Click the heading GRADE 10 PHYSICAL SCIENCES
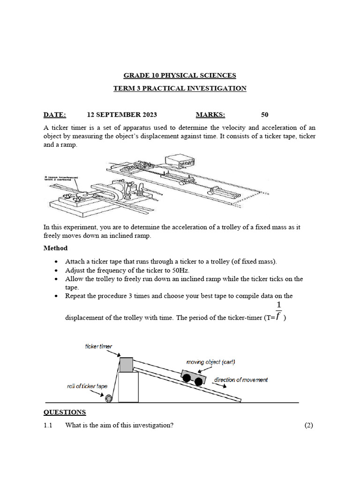(180, 75)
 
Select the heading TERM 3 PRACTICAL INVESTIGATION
(180, 88)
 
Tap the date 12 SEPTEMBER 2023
(122, 115)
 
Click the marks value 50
(265, 115)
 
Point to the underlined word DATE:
(55, 115)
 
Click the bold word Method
(55, 248)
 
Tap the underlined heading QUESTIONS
(65, 412)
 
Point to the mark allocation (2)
(308, 425)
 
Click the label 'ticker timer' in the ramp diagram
(98, 346)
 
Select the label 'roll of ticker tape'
(87, 386)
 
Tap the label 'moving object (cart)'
(210, 362)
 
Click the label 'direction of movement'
(241, 380)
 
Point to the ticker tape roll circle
(109, 398)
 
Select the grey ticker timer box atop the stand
(126, 364)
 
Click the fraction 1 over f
(278, 311)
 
